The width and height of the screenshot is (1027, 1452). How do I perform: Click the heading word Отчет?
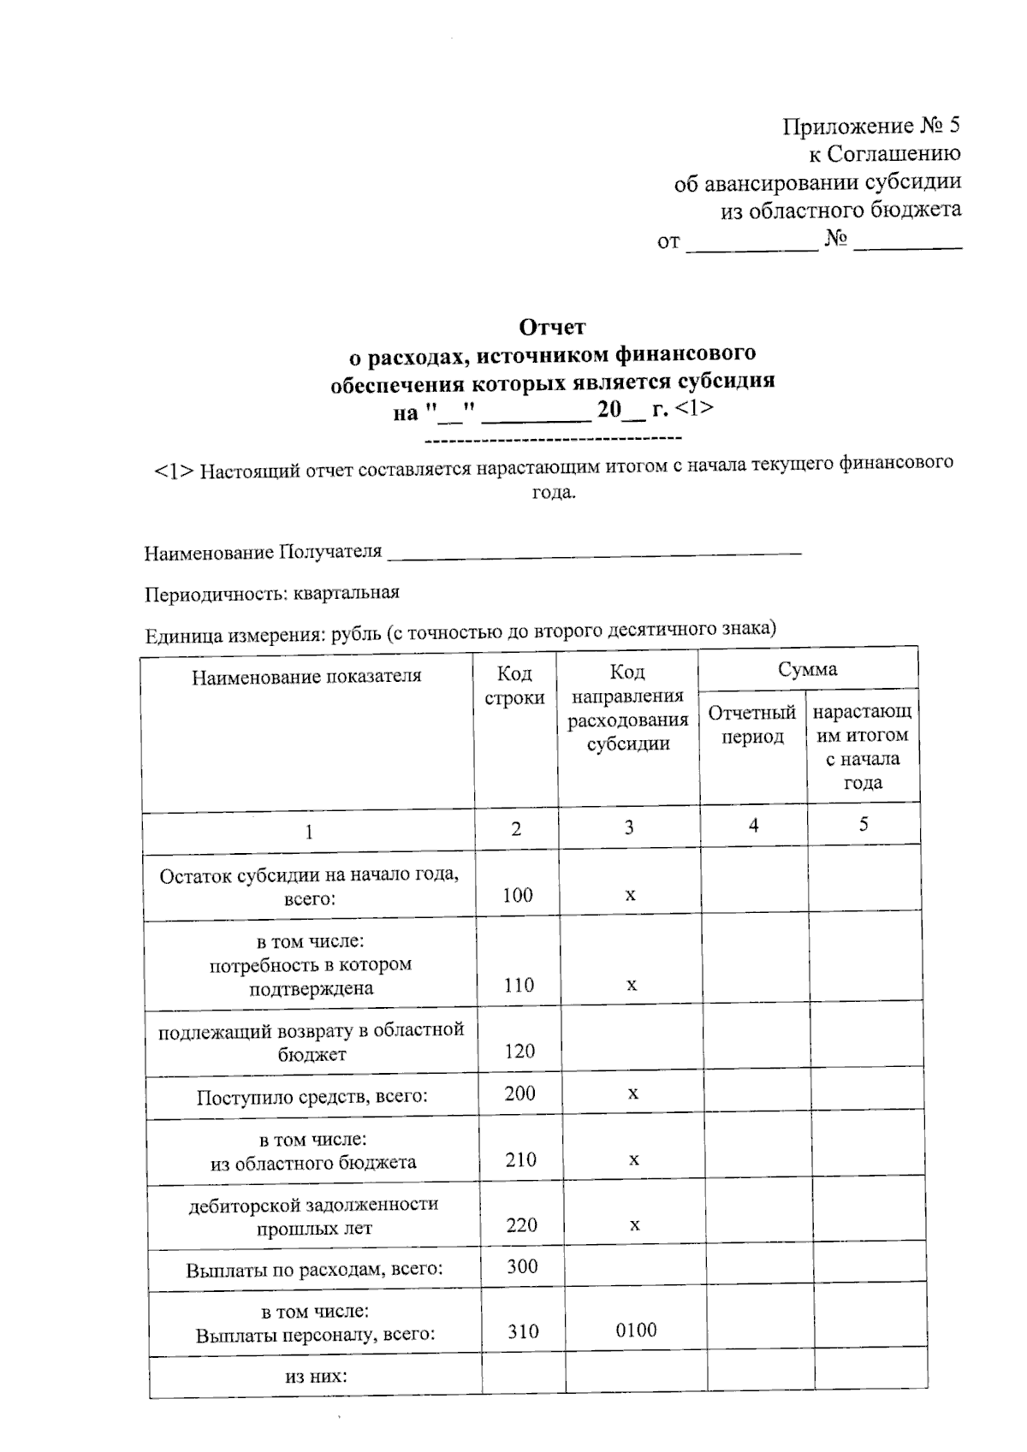click(x=552, y=327)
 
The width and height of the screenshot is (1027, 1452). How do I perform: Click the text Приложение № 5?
click(x=871, y=127)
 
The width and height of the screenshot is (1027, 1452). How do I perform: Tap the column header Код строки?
click(x=514, y=686)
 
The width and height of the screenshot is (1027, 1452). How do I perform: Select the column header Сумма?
click(x=807, y=669)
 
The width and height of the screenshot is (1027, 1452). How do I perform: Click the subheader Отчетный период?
click(x=752, y=725)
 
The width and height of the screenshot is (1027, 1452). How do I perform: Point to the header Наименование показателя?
click(x=306, y=676)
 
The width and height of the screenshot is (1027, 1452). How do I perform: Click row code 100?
click(x=518, y=895)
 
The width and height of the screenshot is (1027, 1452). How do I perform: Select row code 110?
click(x=519, y=985)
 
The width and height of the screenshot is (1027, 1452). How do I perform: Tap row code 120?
click(x=519, y=1051)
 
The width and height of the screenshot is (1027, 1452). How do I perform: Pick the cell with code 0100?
click(x=636, y=1330)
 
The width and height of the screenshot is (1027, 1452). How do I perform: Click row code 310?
click(x=523, y=1331)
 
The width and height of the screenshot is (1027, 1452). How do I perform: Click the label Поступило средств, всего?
click(x=312, y=1096)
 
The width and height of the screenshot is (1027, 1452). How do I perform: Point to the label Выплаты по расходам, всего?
click(x=314, y=1269)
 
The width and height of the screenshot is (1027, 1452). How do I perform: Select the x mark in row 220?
click(x=634, y=1225)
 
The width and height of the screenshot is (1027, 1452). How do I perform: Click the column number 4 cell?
click(x=753, y=825)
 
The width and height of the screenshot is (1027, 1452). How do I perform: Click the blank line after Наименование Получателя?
click(x=594, y=554)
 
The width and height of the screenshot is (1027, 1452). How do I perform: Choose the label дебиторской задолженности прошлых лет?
click(x=313, y=1216)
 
